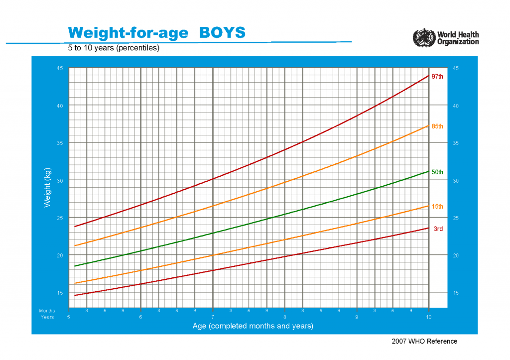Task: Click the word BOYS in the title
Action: pyautogui.click(x=222, y=32)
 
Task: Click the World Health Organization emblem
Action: pyautogui.click(x=424, y=37)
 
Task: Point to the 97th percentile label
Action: pyautogui.click(x=437, y=77)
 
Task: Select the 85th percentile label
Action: pyautogui.click(x=437, y=126)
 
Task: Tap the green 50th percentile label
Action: pyautogui.click(x=437, y=172)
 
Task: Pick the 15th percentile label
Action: pyautogui.click(x=437, y=207)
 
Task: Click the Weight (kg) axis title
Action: pyautogui.click(x=48, y=187)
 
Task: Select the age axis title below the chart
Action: pyautogui.click(x=253, y=326)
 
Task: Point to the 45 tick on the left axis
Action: pyautogui.click(x=60, y=69)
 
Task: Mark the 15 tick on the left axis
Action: pyautogui.click(x=60, y=293)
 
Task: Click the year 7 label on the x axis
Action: pyautogui.click(x=213, y=317)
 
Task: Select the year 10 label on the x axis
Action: pyautogui.click(x=428, y=317)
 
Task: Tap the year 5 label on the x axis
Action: pyautogui.click(x=69, y=317)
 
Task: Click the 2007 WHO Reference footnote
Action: pyautogui.click(x=424, y=341)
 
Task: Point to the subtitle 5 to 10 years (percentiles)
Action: pyautogui.click(x=114, y=48)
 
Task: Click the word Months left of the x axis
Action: pyautogui.click(x=47, y=311)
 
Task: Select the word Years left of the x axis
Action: pyautogui.click(x=47, y=317)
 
